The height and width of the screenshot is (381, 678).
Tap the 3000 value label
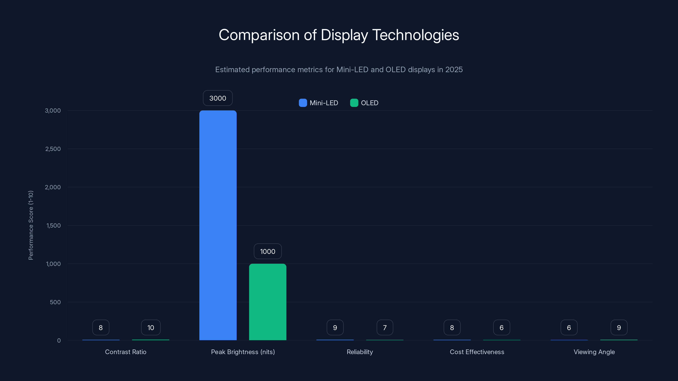[218, 98]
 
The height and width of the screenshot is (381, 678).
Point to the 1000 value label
[268, 251]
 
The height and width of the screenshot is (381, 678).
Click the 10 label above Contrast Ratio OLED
[151, 327]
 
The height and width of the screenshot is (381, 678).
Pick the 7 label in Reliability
[385, 327]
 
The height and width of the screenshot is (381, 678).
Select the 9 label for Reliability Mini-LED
[335, 327]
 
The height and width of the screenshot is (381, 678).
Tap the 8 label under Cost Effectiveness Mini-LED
[452, 327]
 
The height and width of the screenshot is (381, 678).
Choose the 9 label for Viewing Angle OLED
[619, 327]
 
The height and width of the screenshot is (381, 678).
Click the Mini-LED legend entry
[318, 103]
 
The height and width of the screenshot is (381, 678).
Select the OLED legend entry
[364, 103]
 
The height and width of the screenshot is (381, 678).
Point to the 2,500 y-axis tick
[53, 149]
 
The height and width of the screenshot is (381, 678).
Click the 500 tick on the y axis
[55, 302]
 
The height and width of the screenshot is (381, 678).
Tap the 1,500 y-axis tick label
[53, 225]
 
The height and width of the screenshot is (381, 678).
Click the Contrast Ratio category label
[126, 352]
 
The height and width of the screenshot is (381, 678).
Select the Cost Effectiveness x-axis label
[477, 352]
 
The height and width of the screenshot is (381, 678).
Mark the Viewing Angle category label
[594, 352]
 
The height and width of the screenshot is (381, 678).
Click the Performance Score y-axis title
[31, 225]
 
